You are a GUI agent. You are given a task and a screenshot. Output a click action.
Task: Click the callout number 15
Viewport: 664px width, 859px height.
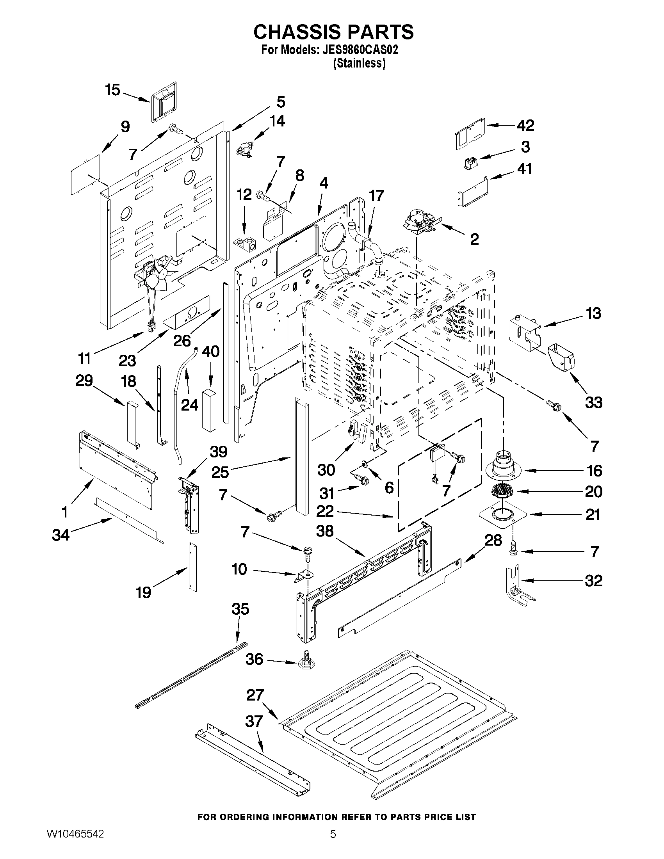click(112, 90)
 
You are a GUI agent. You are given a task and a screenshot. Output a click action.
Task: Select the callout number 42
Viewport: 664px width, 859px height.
click(525, 125)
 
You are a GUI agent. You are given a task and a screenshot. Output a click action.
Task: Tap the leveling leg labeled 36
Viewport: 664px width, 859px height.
click(306, 662)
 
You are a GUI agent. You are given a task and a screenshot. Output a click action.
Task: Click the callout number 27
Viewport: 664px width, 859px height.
click(255, 695)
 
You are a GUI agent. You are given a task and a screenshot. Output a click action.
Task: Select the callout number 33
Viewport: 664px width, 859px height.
click(593, 402)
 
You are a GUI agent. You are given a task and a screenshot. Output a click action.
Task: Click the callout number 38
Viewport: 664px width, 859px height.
click(324, 531)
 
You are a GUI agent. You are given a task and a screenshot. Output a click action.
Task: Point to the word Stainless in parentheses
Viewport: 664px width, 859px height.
click(359, 63)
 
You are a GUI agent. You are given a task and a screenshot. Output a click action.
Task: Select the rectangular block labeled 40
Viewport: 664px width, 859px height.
click(210, 409)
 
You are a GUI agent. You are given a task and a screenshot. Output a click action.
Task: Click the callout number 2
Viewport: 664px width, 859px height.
click(474, 238)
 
